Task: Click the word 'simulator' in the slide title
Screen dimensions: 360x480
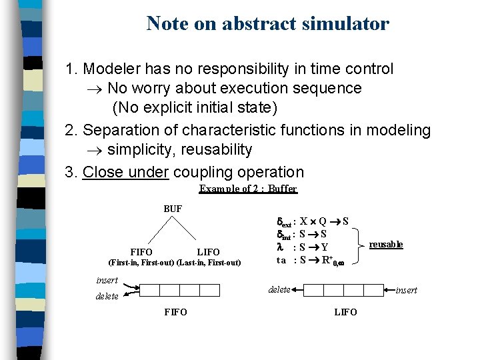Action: tap(346, 24)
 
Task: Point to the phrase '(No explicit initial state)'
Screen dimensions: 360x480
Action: tap(195, 107)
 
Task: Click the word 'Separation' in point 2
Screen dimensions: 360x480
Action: tap(121, 130)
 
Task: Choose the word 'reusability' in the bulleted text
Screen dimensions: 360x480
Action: tap(216, 149)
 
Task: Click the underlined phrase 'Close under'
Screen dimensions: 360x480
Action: tap(125, 172)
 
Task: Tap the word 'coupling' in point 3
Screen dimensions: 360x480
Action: tap(201, 172)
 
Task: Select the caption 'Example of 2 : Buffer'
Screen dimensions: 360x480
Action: tap(248, 189)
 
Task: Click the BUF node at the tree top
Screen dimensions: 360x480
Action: tap(173, 209)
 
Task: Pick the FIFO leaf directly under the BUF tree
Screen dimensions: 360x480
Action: tap(141, 252)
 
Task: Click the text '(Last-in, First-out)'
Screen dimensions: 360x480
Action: tap(209, 262)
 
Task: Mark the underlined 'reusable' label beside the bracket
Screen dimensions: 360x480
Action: tap(386, 245)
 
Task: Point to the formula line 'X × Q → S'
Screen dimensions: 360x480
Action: tap(325, 221)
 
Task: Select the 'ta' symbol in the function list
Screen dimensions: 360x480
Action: tap(282, 260)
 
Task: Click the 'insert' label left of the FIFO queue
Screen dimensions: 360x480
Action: tap(107, 281)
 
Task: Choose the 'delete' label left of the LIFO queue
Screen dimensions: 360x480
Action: tap(279, 289)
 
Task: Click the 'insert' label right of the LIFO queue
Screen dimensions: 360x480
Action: tap(406, 290)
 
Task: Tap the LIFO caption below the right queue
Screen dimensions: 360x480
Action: tap(345, 312)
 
